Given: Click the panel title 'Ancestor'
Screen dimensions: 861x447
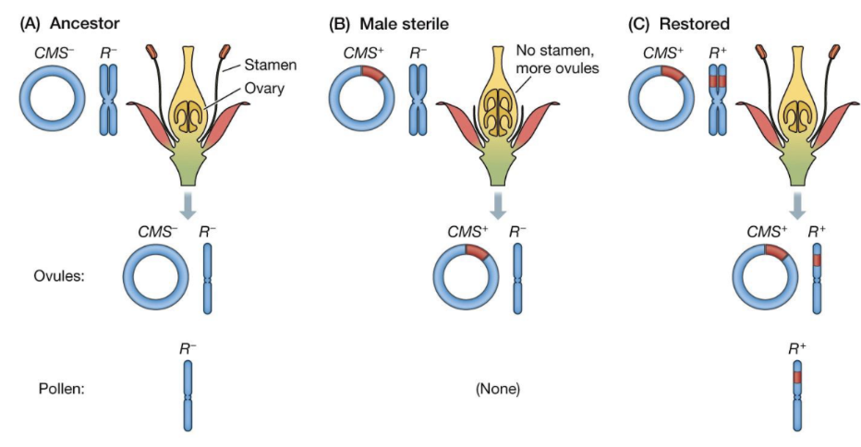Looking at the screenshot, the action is pyautogui.click(x=85, y=24).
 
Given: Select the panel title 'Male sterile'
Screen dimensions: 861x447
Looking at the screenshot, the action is pyautogui.click(x=404, y=24).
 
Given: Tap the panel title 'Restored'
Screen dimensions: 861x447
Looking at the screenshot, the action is pyautogui.click(x=694, y=24).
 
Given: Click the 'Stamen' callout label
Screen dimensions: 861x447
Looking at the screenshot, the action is pyautogui.click(x=270, y=65).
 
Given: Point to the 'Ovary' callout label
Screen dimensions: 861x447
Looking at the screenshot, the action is pyautogui.click(x=264, y=89).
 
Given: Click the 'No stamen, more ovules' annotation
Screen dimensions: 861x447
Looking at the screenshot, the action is pyautogui.click(x=557, y=59).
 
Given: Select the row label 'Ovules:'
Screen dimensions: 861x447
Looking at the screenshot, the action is pyautogui.click(x=59, y=275).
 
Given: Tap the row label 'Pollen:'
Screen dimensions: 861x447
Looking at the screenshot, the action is pyautogui.click(x=62, y=389).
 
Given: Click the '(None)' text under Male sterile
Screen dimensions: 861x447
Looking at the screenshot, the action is pyautogui.click(x=498, y=389).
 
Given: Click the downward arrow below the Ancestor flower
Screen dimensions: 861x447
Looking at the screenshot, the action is pyautogui.click(x=188, y=205).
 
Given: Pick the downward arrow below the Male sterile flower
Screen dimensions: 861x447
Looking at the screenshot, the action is pyautogui.click(x=498, y=205).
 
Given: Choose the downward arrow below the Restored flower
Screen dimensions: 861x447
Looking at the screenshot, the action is pyautogui.click(x=797, y=205).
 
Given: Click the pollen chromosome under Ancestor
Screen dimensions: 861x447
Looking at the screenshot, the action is pyautogui.click(x=188, y=395).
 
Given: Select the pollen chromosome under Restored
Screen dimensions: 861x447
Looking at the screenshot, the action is pyautogui.click(x=798, y=395).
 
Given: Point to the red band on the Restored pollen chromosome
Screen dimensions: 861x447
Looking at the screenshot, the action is pyautogui.click(x=798, y=377).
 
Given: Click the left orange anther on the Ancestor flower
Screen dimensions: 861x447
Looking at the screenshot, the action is pyautogui.click(x=152, y=52).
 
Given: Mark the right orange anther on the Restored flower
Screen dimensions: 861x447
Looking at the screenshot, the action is pyautogui.click(x=833, y=52).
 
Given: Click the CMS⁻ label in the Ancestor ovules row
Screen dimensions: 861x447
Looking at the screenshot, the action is pyautogui.click(x=158, y=232).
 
